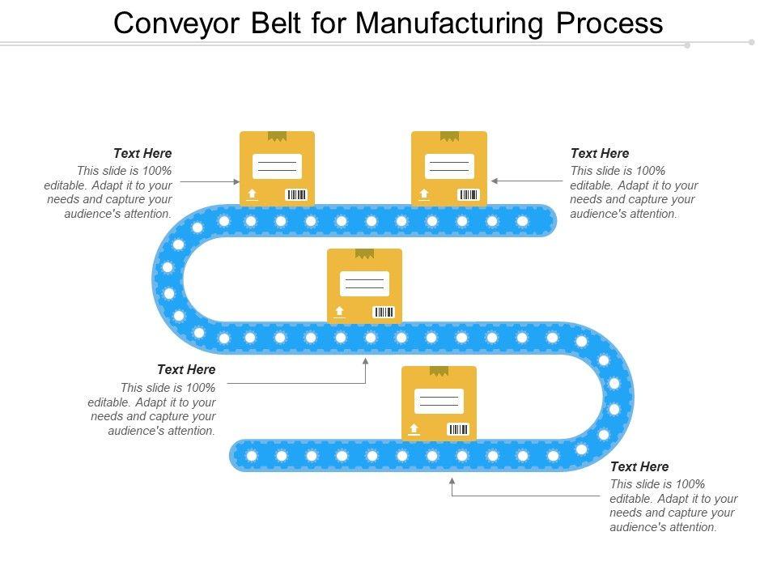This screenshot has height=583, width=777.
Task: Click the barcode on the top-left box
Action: (x=297, y=194)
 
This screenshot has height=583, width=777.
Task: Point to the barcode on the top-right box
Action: (x=469, y=194)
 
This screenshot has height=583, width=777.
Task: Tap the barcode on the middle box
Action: (x=384, y=312)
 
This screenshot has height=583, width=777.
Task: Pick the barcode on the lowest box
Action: (x=459, y=429)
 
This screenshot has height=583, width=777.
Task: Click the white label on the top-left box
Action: (x=277, y=166)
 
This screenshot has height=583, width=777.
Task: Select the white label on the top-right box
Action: (x=449, y=166)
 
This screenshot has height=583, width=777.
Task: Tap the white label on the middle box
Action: (x=364, y=283)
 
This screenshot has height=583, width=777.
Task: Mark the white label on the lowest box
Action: (x=439, y=401)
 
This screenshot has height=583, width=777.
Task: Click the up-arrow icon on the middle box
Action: (x=339, y=312)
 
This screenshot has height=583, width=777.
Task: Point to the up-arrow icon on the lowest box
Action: (x=414, y=429)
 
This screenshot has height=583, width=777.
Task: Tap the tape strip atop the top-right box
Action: (x=449, y=136)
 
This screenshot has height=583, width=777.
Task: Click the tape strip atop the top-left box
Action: (x=278, y=136)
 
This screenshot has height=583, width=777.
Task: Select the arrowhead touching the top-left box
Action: (x=236, y=182)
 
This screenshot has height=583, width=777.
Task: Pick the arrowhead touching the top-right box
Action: (x=495, y=181)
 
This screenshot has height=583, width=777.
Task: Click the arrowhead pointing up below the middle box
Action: (x=366, y=361)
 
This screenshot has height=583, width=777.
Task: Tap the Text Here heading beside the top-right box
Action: (x=600, y=153)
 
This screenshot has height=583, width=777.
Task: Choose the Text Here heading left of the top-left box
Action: (x=142, y=153)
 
